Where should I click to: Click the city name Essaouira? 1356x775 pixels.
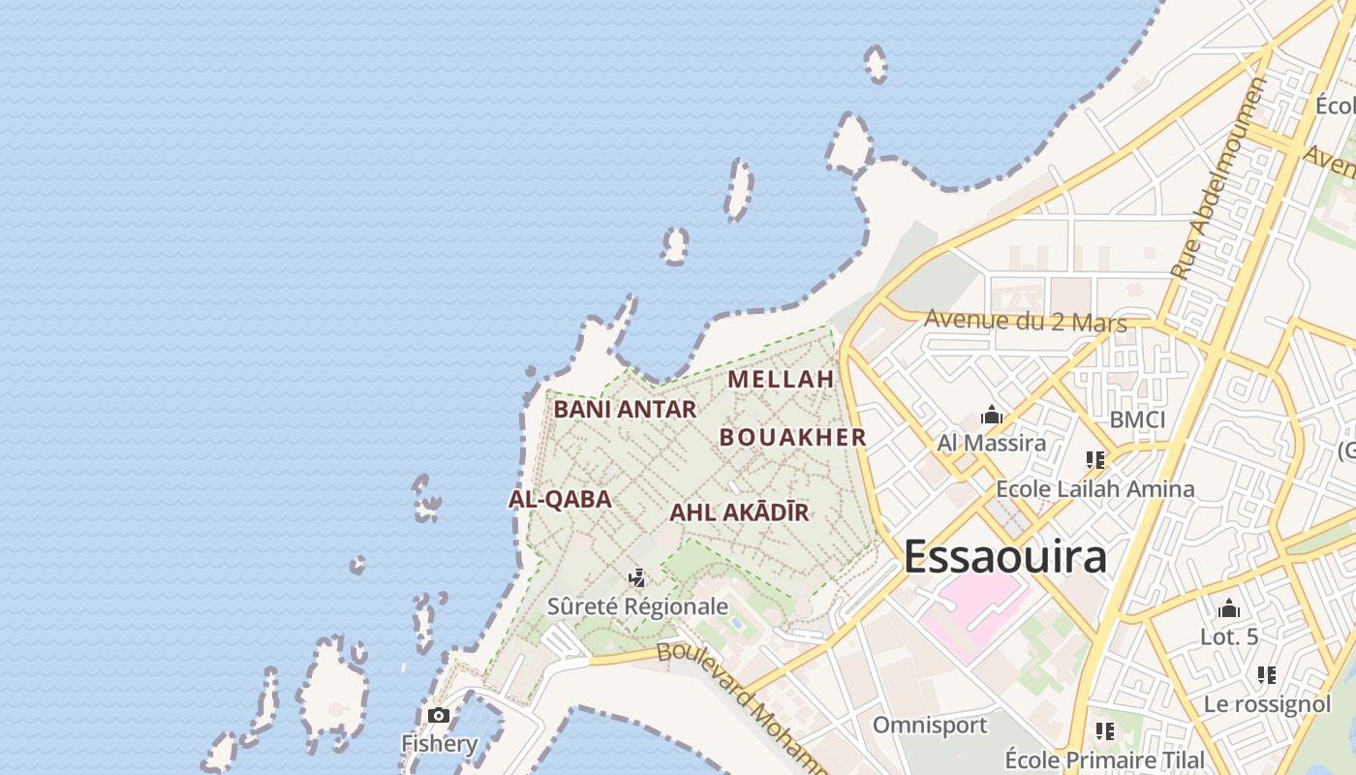click(x=1004, y=558)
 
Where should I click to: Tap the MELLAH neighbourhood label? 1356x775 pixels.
click(x=781, y=379)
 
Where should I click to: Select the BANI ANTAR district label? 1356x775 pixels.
click(x=625, y=410)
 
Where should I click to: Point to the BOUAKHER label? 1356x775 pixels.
click(x=792, y=437)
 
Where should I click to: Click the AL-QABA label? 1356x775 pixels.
click(x=560, y=500)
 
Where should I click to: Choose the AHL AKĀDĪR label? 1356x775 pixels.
click(x=739, y=512)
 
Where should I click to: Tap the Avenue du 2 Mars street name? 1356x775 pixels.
click(x=1026, y=321)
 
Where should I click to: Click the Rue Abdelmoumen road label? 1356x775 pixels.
click(x=1217, y=179)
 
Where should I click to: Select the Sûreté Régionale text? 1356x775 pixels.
click(x=637, y=607)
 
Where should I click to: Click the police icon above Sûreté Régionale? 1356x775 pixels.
click(x=636, y=578)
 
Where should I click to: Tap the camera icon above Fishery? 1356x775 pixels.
click(x=439, y=716)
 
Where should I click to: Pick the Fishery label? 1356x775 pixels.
click(x=440, y=744)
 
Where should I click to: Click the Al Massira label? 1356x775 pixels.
click(x=991, y=444)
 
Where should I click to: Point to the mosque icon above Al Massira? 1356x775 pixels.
click(x=991, y=416)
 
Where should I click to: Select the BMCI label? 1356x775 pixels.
click(x=1137, y=420)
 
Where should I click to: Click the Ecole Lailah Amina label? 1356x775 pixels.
click(x=1094, y=489)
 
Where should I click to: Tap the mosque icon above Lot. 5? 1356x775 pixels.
click(x=1229, y=609)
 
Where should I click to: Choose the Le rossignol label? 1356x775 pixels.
click(x=1267, y=704)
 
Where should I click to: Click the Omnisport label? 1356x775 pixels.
click(x=930, y=726)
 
